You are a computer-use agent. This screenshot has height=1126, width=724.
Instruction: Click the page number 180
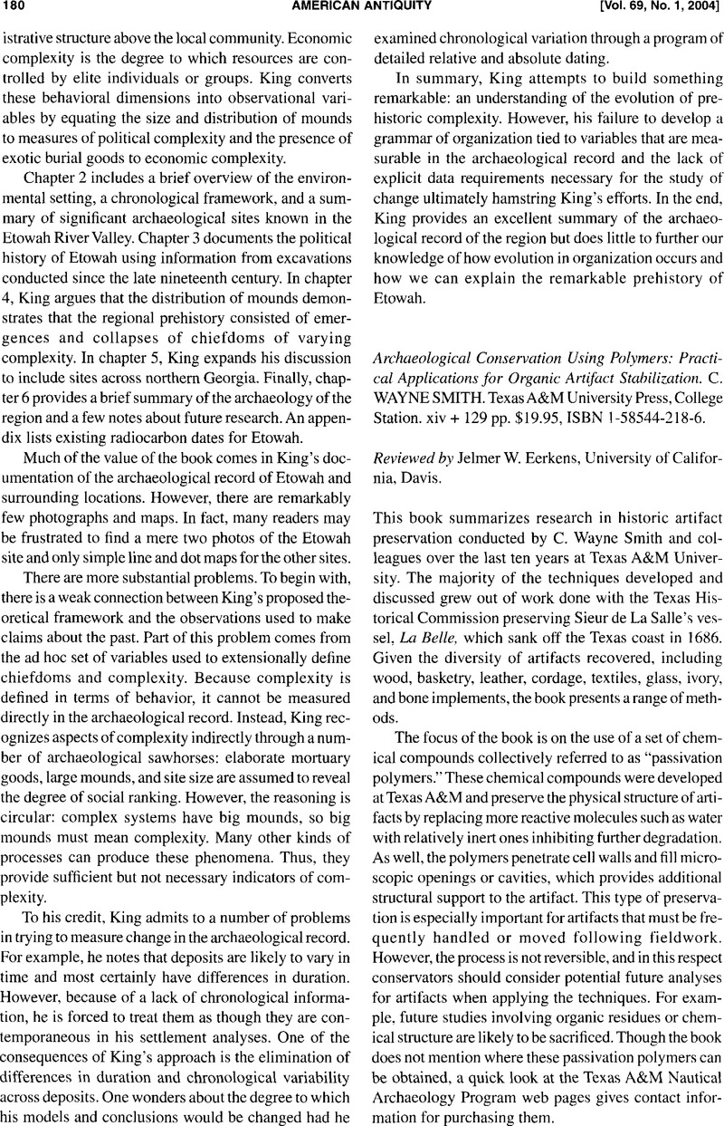pos(15,7)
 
